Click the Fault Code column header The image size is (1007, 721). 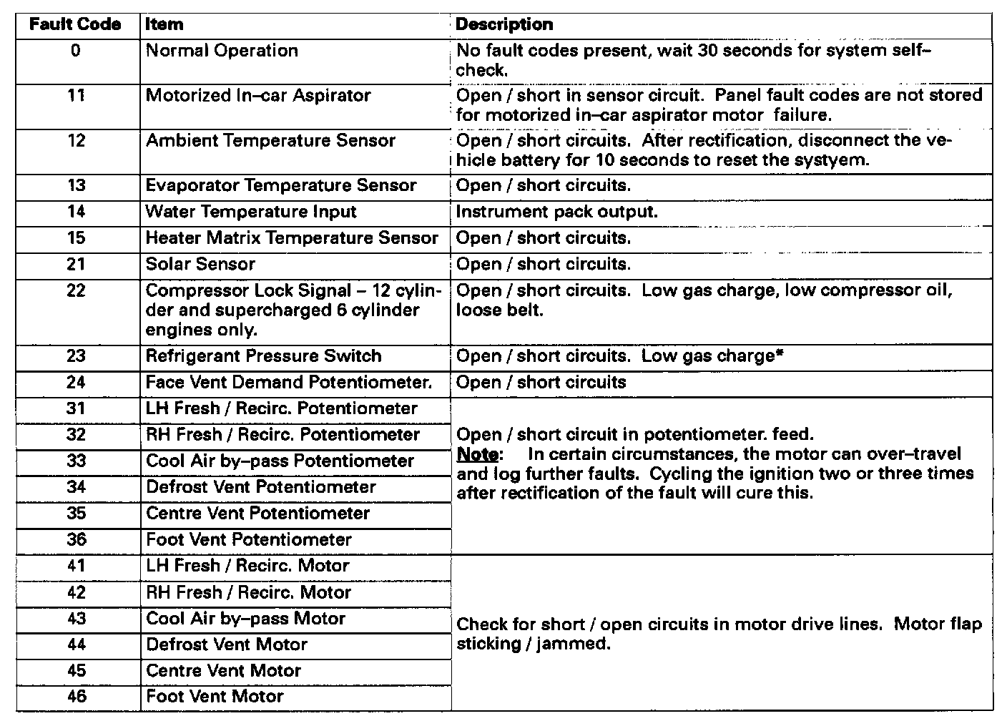point(75,25)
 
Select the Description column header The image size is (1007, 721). point(504,25)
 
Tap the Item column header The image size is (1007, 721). point(164,25)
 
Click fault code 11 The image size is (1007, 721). point(76,96)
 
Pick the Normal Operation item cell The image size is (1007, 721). point(222,51)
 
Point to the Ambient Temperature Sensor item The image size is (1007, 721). point(270,141)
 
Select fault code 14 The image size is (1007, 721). point(76,212)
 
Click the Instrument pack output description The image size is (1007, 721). point(556,212)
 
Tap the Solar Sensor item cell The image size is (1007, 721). point(200,265)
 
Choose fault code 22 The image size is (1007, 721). point(76,291)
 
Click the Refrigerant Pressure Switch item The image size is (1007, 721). point(263,356)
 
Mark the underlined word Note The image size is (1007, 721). point(477,455)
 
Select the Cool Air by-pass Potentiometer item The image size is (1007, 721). point(280,461)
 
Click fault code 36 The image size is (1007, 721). point(76,540)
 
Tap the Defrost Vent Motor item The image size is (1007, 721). point(227,645)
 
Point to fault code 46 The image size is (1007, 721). point(76,697)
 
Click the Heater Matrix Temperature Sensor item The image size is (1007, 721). point(292,238)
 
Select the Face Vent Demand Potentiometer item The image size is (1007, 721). point(289,383)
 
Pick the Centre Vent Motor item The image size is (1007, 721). point(223,671)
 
